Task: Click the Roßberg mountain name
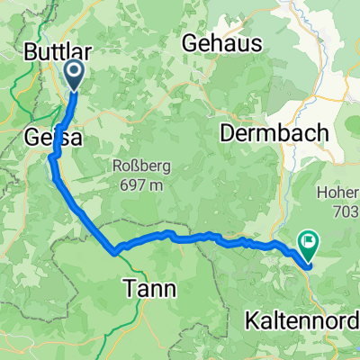pos(138,165)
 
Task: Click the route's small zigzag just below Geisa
pos(54,158)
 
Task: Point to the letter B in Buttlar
pos(26,50)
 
